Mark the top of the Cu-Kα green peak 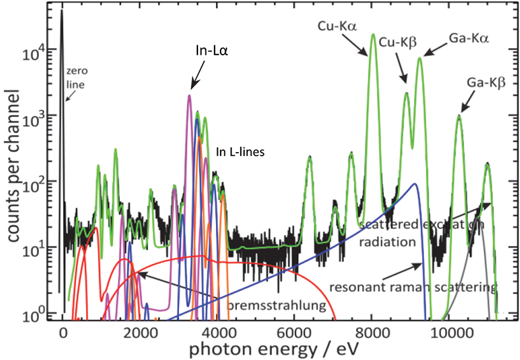[373, 34]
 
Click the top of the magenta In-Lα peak [190, 95]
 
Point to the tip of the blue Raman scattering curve [415, 184]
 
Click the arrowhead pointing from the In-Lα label [192, 88]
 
